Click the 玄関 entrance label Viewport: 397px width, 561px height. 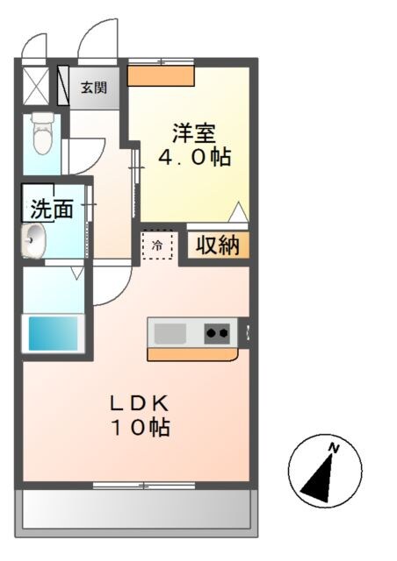pyautogui.click(x=94, y=87)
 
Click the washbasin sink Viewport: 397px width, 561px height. pyautogui.click(x=35, y=239)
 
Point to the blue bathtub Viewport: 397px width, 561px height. pyautogui.click(x=53, y=332)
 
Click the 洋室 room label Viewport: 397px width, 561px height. pyautogui.click(x=194, y=134)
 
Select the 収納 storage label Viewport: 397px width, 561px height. pyautogui.click(x=216, y=246)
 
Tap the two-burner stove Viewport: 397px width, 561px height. pyautogui.click(x=219, y=332)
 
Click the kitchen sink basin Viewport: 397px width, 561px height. pyautogui.click(x=170, y=333)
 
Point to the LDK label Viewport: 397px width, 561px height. pyautogui.click(x=139, y=404)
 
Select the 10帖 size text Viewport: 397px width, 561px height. pyautogui.click(x=139, y=429)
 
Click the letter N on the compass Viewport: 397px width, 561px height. pyautogui.click(x=334, y=449)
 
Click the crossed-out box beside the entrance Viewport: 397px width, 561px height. pyautogui.click(x=37, y=85)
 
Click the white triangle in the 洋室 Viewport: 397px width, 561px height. pyautogui.click(x=236, y=212)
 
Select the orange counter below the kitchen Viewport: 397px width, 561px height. pyautogui.click(x=192, y=354)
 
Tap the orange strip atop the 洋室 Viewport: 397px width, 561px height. pyautogui.click(x=161, y=75)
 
